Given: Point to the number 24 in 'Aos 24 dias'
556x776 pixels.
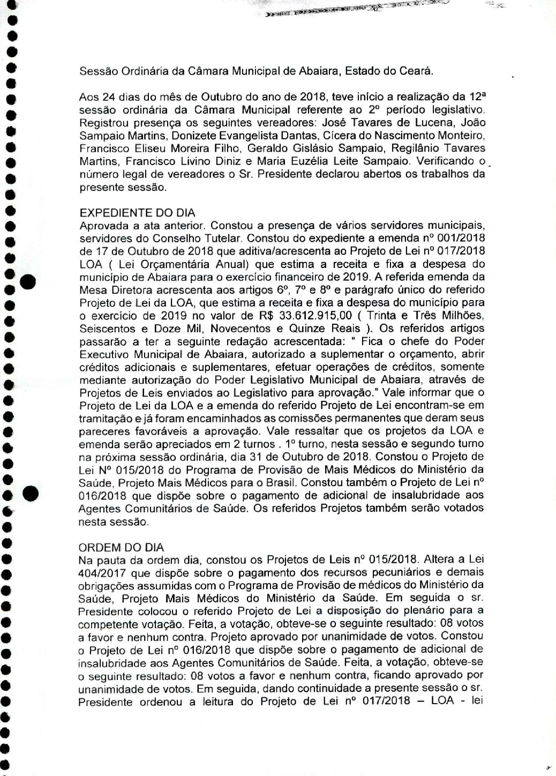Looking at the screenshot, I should [x=105, y=97].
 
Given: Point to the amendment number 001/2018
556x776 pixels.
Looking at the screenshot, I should [x=458, y=237].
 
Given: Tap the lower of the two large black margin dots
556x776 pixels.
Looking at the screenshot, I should [x=31, y=492].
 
